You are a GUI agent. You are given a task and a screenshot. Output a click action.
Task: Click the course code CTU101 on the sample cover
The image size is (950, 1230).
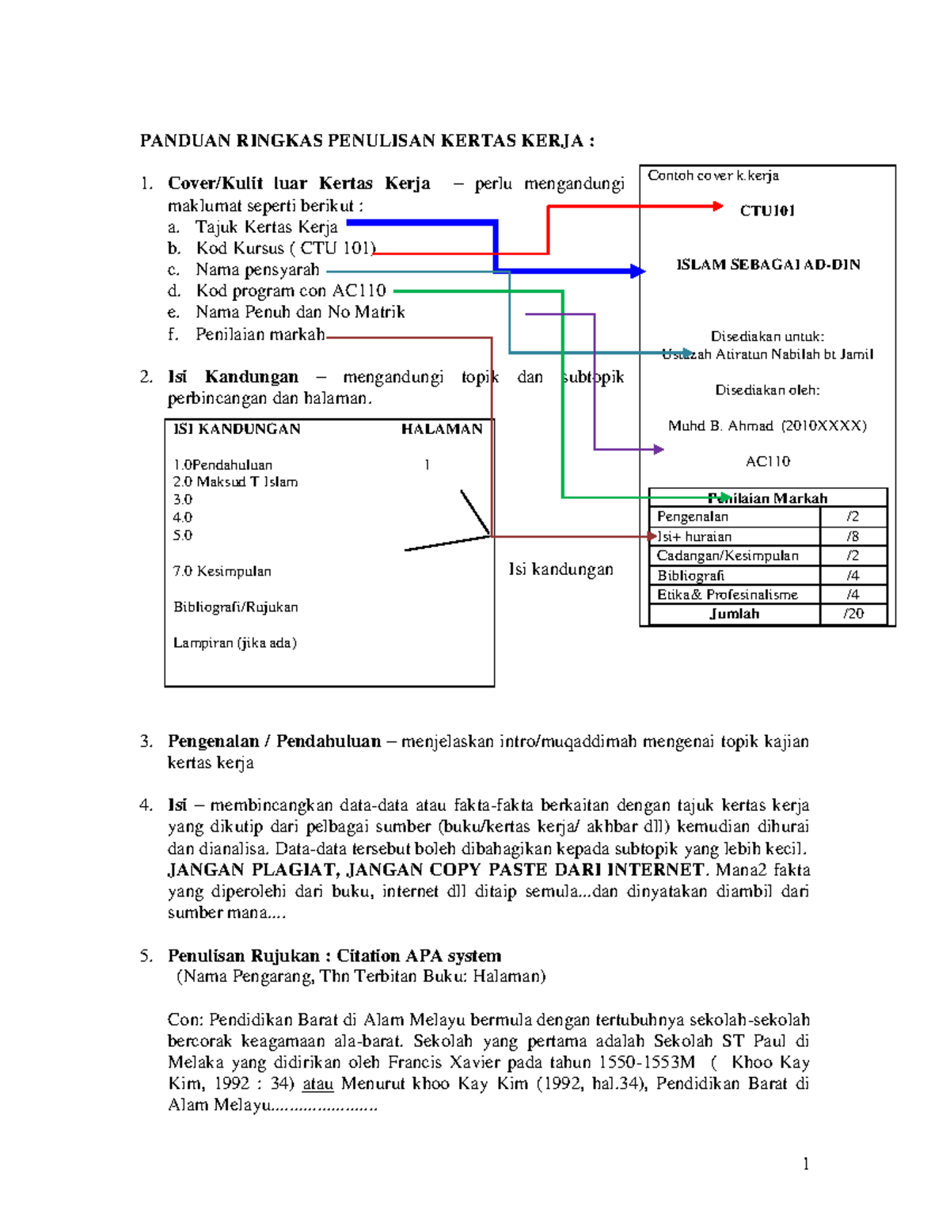pyautogui.click(x=766, y=211)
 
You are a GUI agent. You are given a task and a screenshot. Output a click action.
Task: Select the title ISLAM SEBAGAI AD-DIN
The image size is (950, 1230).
pyautogui.click(x=767, y=265)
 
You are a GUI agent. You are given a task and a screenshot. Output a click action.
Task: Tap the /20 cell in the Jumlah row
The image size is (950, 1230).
pyautogui.click(x=853, y=614)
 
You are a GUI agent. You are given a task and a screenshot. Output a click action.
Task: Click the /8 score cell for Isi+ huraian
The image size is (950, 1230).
pyautogui.click(x=853, y=536)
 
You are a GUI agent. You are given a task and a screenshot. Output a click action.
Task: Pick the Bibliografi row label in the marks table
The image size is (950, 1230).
pyautogui.click(x=690, y=576)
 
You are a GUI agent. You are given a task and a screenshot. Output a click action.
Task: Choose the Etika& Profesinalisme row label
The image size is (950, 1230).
pyautogui.click(x=727, y=595)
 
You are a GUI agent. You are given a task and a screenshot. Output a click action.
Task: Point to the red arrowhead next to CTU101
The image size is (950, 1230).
pyautogui.click(x=717, y=206)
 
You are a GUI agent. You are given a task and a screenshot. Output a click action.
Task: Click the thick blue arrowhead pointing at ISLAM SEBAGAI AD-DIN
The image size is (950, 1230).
pyautogui.click(x=637, y=272)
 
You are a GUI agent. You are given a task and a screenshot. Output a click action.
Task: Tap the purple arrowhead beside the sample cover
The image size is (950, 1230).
pyautogui.click(x=658, y=450)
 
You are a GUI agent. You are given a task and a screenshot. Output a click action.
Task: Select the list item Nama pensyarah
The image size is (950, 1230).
pyautogui.click(x=257, y=270)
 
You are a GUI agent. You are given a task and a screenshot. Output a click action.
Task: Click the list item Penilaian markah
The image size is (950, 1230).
pyautogui.click(x=260, y=335)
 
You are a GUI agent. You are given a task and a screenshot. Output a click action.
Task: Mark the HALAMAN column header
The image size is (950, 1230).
pyautogui.click(x=441, y=429)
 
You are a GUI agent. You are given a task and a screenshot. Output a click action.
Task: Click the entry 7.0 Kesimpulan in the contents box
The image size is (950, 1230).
pyautogui.click(x=222, y=571)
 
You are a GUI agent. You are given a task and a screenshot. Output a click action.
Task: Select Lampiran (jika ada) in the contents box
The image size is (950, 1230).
pyautogui.click(x=234, y=643)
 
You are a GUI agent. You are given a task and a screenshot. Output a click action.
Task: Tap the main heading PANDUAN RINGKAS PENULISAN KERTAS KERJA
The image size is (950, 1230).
pyautogui.click(x=367, y=141)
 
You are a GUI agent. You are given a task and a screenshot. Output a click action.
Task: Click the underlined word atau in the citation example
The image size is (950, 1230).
pyautogui.click(x=317, y=1084)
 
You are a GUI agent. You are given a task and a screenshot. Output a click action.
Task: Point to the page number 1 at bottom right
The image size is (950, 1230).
pyautogui.click(x=805, y=1163)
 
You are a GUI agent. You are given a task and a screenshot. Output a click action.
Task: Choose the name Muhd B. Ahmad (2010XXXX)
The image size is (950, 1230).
pyautogui.click(x=766, y=426)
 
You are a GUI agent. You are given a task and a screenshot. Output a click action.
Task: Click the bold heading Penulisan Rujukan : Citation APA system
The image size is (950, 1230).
pyautogui.click(x=334, y=956)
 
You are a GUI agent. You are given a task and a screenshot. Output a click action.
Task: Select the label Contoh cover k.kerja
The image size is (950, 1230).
pyautogui.click(x=712, y=176)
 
